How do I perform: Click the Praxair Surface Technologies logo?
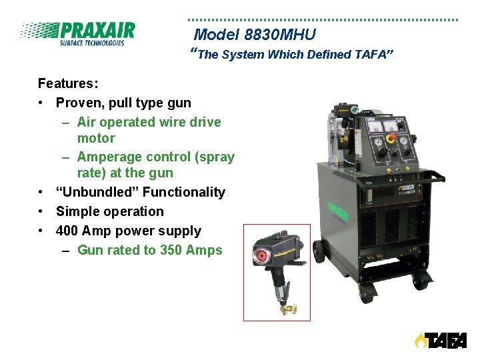77,33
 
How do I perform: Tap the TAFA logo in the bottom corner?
441,341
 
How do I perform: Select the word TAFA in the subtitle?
372,55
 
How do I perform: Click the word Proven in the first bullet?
77,103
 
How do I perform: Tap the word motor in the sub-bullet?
96,138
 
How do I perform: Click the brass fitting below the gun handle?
289,307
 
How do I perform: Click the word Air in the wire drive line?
87,122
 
